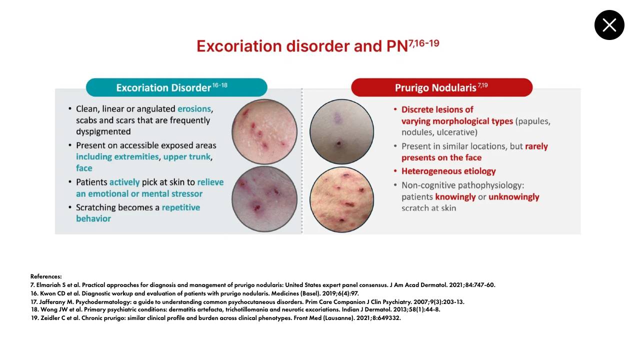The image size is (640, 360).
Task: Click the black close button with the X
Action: (x=609, y=25)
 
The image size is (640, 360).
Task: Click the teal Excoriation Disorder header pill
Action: (x=176, y=87)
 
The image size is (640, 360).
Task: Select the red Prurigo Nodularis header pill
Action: (x=441, y=87)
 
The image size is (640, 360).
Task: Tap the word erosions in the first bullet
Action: (x=194, y=109)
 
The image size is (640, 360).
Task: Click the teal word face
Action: (x=84, y=168)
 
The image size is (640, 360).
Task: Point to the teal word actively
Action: (x=124, y=182)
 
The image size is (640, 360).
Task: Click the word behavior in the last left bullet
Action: (x=93, y=218)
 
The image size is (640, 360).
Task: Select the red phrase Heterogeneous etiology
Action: (x=448, y=171)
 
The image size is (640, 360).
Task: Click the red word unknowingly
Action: (x=513, y=197)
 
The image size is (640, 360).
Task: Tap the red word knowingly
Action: (x=455, y=197)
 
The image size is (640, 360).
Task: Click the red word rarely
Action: (x=536, y=146)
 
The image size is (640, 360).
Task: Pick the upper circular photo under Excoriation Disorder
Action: (x=264, y=131)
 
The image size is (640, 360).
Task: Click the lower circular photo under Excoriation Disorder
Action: (x=264, y=199)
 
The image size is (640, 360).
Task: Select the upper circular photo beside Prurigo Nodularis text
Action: (x=341, y=131)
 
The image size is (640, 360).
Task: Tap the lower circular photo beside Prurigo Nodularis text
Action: (x=341, y=199)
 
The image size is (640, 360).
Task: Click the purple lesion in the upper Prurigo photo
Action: (x=337, y=118)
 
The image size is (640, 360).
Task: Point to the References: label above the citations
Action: (x=46, y=276)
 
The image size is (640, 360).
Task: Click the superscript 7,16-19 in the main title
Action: (x=423, y=43)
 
